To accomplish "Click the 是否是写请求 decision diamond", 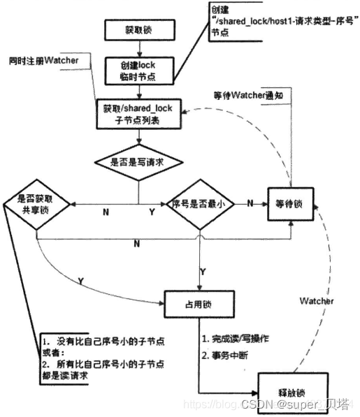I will [138, 162].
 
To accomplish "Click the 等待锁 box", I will [289, 205].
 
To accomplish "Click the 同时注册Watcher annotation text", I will [43, 61].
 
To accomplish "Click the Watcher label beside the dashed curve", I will [317, 300].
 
